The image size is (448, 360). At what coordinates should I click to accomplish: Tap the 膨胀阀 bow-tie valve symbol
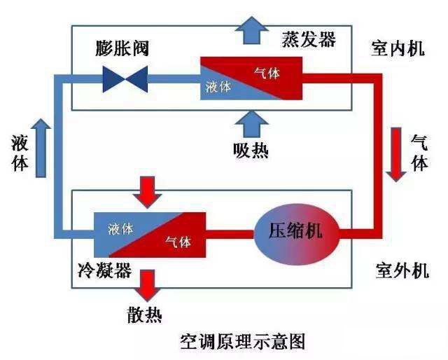(x=124, y=78)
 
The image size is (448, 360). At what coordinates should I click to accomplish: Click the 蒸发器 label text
(x=309, y=39)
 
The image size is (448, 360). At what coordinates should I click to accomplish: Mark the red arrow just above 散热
(x=148, y=284)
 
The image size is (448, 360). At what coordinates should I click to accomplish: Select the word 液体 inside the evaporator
(x=219, y=87)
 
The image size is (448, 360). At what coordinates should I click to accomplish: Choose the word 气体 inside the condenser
(x=178, y=242)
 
